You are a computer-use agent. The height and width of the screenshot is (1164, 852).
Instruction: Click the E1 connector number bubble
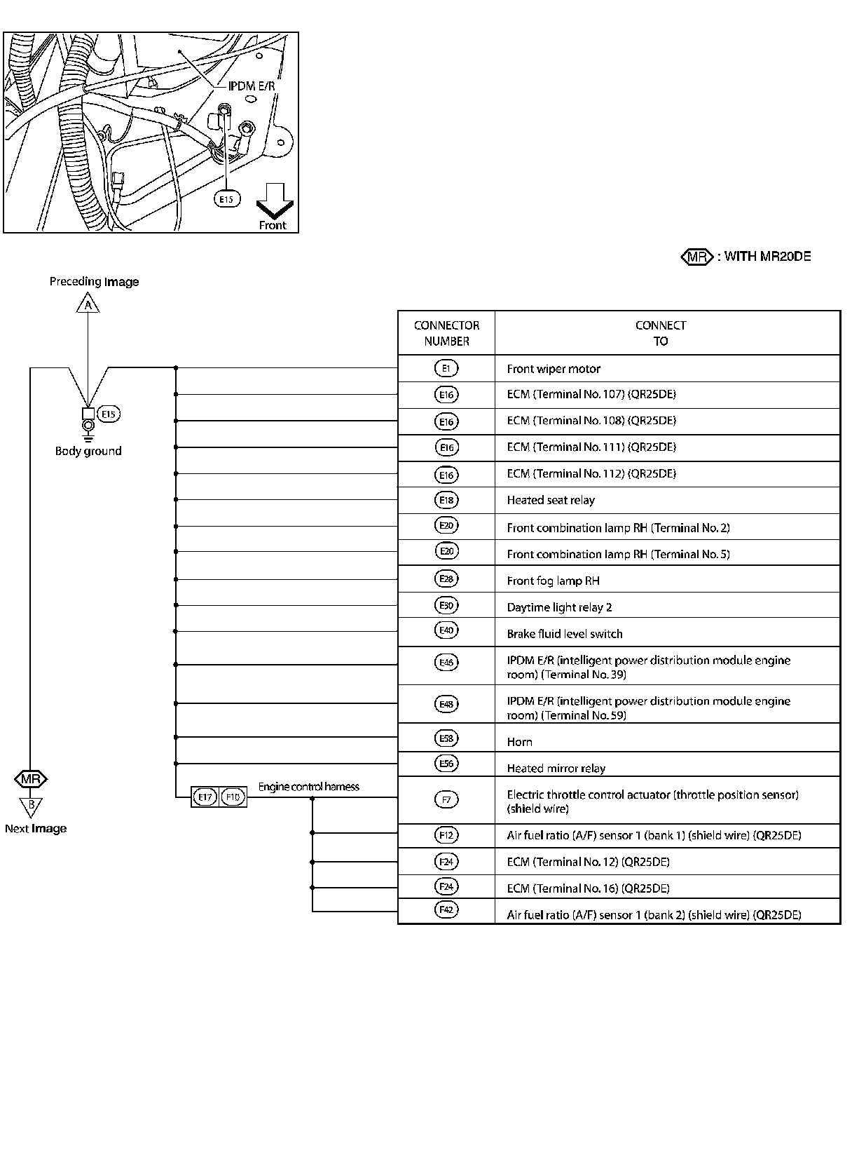[x=446, y=368]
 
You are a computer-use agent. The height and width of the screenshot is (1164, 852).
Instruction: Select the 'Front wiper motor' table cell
[x=554, y=369]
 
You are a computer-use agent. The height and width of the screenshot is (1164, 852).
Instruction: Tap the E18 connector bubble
[x=446, y=500]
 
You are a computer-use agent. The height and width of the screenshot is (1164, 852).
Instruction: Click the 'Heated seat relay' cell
[x=551, y=500]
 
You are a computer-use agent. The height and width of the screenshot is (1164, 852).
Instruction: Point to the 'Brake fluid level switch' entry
[x=565, y=634]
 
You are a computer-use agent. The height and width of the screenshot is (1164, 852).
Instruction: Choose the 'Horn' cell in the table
[x=519, y=742]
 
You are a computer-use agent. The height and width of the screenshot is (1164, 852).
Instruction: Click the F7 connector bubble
[x=446, y=799]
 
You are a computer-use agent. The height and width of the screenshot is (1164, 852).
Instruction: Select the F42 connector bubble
[x=446, y=910]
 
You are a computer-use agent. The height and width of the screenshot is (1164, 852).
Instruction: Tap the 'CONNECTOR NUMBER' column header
[x=446, y=333]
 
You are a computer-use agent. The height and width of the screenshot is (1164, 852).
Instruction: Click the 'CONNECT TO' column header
[x=661, y=333]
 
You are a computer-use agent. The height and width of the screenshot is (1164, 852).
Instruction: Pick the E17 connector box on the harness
[x=205, y=797]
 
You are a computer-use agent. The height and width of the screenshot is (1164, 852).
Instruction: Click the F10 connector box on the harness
[x=233, y=797]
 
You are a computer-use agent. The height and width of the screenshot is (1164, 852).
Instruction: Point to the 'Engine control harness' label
[x=308, y=787]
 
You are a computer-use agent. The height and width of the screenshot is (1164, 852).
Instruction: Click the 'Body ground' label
[x=88, y=451]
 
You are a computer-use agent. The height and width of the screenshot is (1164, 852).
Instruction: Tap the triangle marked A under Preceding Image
[x=88, y=305]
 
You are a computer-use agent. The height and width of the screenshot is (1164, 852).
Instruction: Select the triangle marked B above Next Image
[x=31, y=806]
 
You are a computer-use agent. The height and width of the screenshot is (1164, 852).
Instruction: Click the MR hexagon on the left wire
[x=31, y=779]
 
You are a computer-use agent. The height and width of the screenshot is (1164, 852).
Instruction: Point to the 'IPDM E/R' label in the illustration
[x=252, y=86]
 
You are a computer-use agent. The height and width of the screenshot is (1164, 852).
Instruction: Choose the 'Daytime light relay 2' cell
[x=559, y=607]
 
